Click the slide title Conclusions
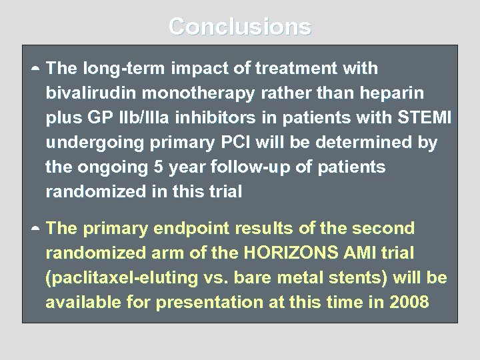pos(239,27)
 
